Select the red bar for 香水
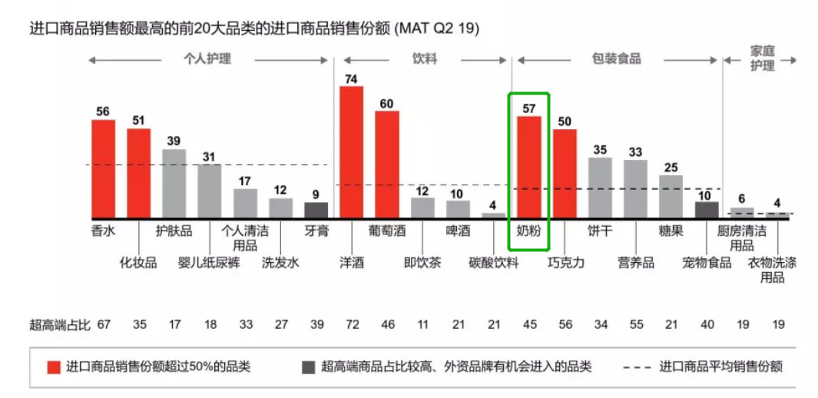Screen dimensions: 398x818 click(x=103, y=169)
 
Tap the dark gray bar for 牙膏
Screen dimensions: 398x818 click(x=316, y=210)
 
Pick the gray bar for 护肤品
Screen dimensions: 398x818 click(x=174, y=184)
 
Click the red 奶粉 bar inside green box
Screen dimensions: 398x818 click(x=528, y=167)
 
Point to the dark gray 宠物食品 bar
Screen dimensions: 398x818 click(x=707, y=210)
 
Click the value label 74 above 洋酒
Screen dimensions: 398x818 click(x=351, y=79)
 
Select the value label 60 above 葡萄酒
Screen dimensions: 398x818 click(x=386, y=104)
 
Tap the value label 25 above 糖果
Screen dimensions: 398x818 click(x=671, y=167)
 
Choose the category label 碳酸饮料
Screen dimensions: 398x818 click(x=494, y=263)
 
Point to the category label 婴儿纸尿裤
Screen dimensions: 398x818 click(x=210, y=263)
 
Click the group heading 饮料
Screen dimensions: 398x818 click(x=424, y=58)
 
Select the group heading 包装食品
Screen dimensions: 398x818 click(x=616, y=58)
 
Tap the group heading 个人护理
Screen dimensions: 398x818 click(x=207, y=58)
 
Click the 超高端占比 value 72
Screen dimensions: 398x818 click(x=351, y=325)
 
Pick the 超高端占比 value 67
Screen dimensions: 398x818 click(x=104, y=325)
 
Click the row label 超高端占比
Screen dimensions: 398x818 click(x=58, y=325)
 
